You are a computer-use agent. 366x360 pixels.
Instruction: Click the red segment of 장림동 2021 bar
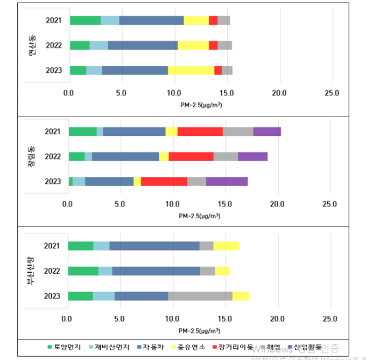200,131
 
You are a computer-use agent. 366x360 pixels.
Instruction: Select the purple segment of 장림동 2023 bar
227,181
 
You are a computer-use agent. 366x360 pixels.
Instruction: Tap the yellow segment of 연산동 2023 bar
191,70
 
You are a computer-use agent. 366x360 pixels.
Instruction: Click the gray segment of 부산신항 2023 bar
200,296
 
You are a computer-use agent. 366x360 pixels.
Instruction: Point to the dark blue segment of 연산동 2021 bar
151,20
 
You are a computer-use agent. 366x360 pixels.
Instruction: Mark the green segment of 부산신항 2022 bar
83,271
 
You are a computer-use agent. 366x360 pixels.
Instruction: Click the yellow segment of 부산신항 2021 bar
226,246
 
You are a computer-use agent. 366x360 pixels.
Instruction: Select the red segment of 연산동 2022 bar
213,45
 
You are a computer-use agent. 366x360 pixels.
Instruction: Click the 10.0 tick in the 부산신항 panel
172,319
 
